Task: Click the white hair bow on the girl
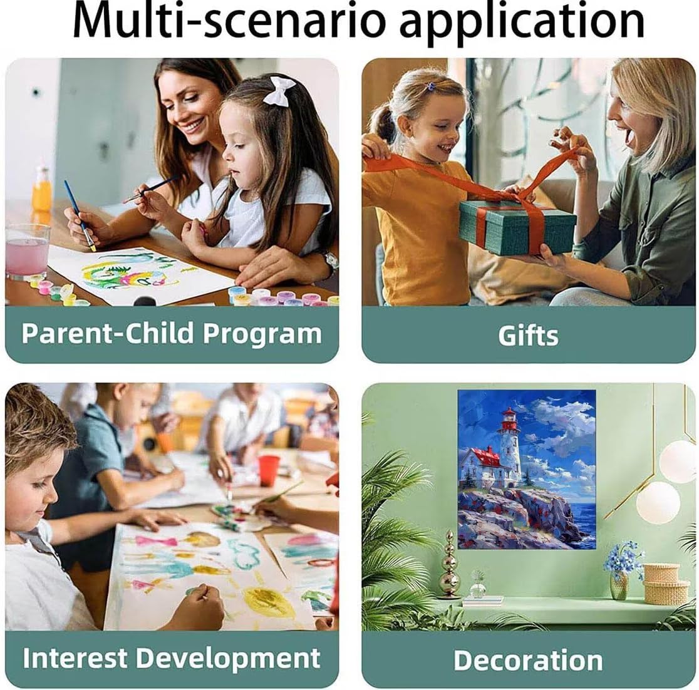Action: point(279,91)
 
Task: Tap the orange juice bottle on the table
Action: point(41,189)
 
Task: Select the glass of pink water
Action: point(28,250)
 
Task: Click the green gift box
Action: point(517,227)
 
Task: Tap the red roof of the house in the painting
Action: point(488,457)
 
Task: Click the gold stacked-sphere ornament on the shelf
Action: point(449,565)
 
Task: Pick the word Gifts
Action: point(528,336)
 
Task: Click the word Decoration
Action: point(528,660)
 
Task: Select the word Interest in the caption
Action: point(75,658)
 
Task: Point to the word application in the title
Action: point(522,23)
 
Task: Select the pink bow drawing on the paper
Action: point(155,542)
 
